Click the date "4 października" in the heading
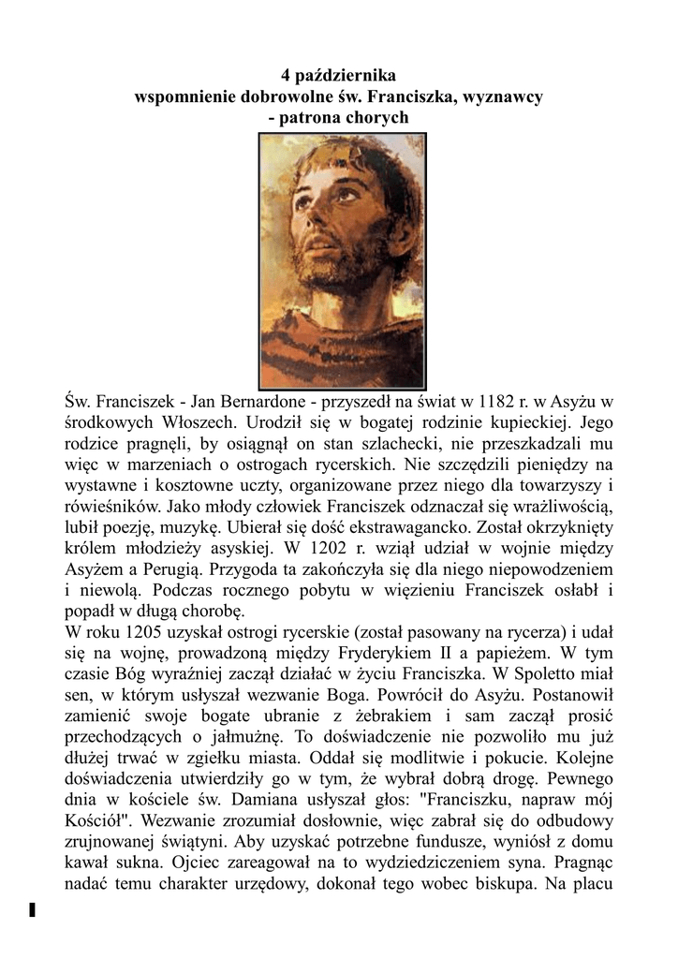pyautogui.click(x=339, y=74)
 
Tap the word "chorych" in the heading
pyautogui.click(x=376, y=118)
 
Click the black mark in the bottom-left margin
pyautogui.click(x=32, y=909)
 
